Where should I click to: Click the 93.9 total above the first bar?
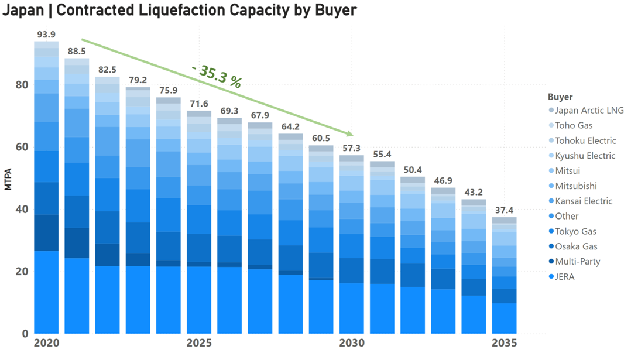(x=46, y=35)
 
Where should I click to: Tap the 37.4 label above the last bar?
(x=504, y=211)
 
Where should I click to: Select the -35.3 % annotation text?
(x=217, y=76)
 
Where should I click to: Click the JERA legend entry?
(x=565, y=277)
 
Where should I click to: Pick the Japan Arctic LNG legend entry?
(x=589, y=110)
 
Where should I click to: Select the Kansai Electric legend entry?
(x=584, y=201)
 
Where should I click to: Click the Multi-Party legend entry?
(x=577, y=262)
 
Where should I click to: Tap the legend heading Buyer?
(x=560, y=97)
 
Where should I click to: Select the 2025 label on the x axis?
(x=199, y=343)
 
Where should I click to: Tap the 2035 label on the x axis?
(x=504, y=343)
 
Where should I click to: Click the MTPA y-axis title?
(x=8, y=179)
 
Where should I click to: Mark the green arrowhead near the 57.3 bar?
(x=349, y=134)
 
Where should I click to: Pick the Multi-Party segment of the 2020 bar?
(x=46, y=233)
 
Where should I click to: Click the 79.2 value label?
(x=138, y=81)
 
